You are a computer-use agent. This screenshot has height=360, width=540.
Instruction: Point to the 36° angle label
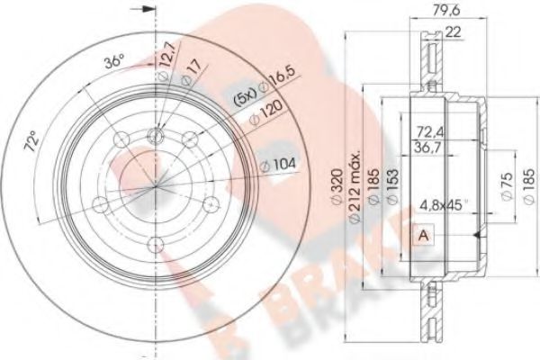tap(113, 63)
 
